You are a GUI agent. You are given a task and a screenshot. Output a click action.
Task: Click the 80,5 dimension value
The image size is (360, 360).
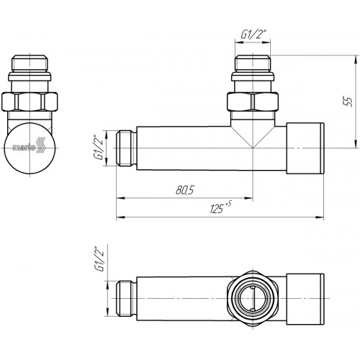pos(184,190)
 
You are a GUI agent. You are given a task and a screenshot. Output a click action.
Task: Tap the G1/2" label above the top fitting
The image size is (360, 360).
pos(252,35)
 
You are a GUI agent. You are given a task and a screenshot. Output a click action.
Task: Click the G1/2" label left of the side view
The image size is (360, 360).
pos(99,148)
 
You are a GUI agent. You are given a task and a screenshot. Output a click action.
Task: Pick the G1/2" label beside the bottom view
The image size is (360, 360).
pos(99,259)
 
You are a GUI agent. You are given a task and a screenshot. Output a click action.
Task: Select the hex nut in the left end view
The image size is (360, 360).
pos(30,102)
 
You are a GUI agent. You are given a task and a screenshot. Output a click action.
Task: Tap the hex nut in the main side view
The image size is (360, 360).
pos(253,102)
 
